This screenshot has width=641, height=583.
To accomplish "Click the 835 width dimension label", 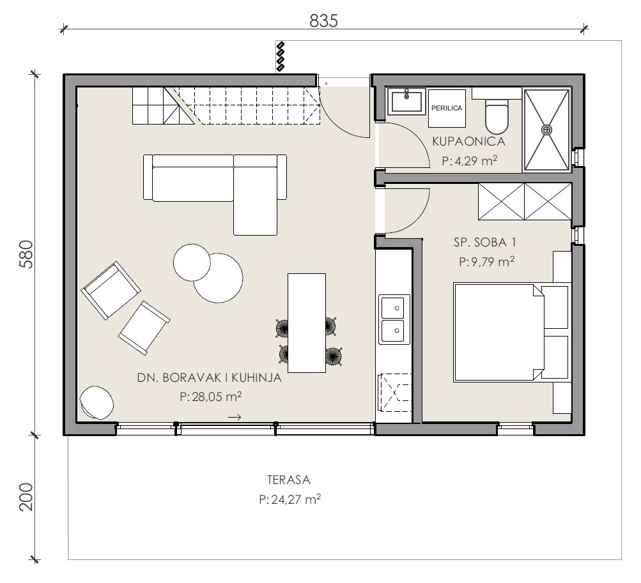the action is point(323,21).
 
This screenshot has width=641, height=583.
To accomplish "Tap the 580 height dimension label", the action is point(26,254).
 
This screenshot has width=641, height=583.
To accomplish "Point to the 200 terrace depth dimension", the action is point(26,497).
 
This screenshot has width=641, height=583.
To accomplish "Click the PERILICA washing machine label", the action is point(447,109).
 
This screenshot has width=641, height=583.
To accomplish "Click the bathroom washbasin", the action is point(406,101).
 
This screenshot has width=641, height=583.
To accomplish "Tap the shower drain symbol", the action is point(546,130).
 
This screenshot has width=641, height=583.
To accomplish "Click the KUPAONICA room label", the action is point(469,142).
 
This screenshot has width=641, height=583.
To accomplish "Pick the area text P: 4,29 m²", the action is point(469,160).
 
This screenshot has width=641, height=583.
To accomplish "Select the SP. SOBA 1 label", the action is point(485,242).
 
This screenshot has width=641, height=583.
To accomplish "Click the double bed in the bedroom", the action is point(512,333).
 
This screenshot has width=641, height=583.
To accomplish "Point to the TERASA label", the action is point(289,480).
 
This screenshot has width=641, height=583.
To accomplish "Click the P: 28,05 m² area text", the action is point(210,397).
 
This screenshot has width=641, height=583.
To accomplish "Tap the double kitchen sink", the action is point(394,319).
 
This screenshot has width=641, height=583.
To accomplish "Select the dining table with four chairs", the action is point(307,323).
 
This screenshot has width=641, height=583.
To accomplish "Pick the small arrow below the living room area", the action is point(235,417).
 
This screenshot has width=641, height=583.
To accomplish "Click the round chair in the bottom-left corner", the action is point(97,402).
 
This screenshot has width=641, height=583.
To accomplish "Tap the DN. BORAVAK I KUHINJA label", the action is point(210,378).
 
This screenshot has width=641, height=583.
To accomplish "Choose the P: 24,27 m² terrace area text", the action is point(290,499).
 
